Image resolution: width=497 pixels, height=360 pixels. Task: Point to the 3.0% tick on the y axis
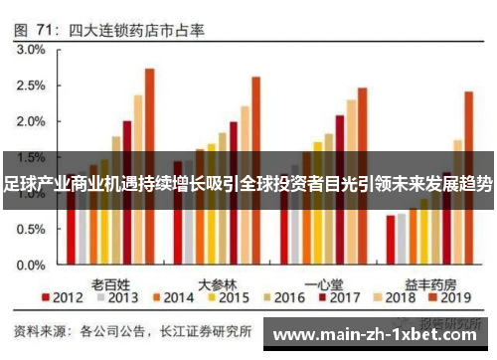tap(31, 49)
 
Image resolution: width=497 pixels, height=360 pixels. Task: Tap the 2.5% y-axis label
tap(31, 86)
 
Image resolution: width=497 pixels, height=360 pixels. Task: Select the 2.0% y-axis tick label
tap(31, 122)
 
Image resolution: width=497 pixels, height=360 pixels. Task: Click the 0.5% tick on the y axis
tap(31, 231)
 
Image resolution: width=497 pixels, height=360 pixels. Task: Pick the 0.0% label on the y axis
tap(31, 267)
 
